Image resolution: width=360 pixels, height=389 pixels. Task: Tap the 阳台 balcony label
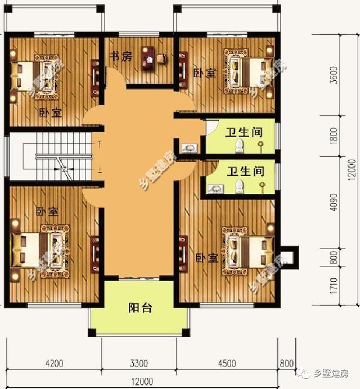pyautogui.click(x=140, y=308)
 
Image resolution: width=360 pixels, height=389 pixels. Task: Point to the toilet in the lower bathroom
pyautogui.click(x=240, y=186)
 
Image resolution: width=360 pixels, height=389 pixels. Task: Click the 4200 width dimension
pyautogui.click(x=55, y=362)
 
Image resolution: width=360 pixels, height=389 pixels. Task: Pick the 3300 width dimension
pyautogui.click(x=138, y=362)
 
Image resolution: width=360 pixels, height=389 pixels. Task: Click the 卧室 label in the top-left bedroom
pyautogui.click(x=51, y=112)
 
